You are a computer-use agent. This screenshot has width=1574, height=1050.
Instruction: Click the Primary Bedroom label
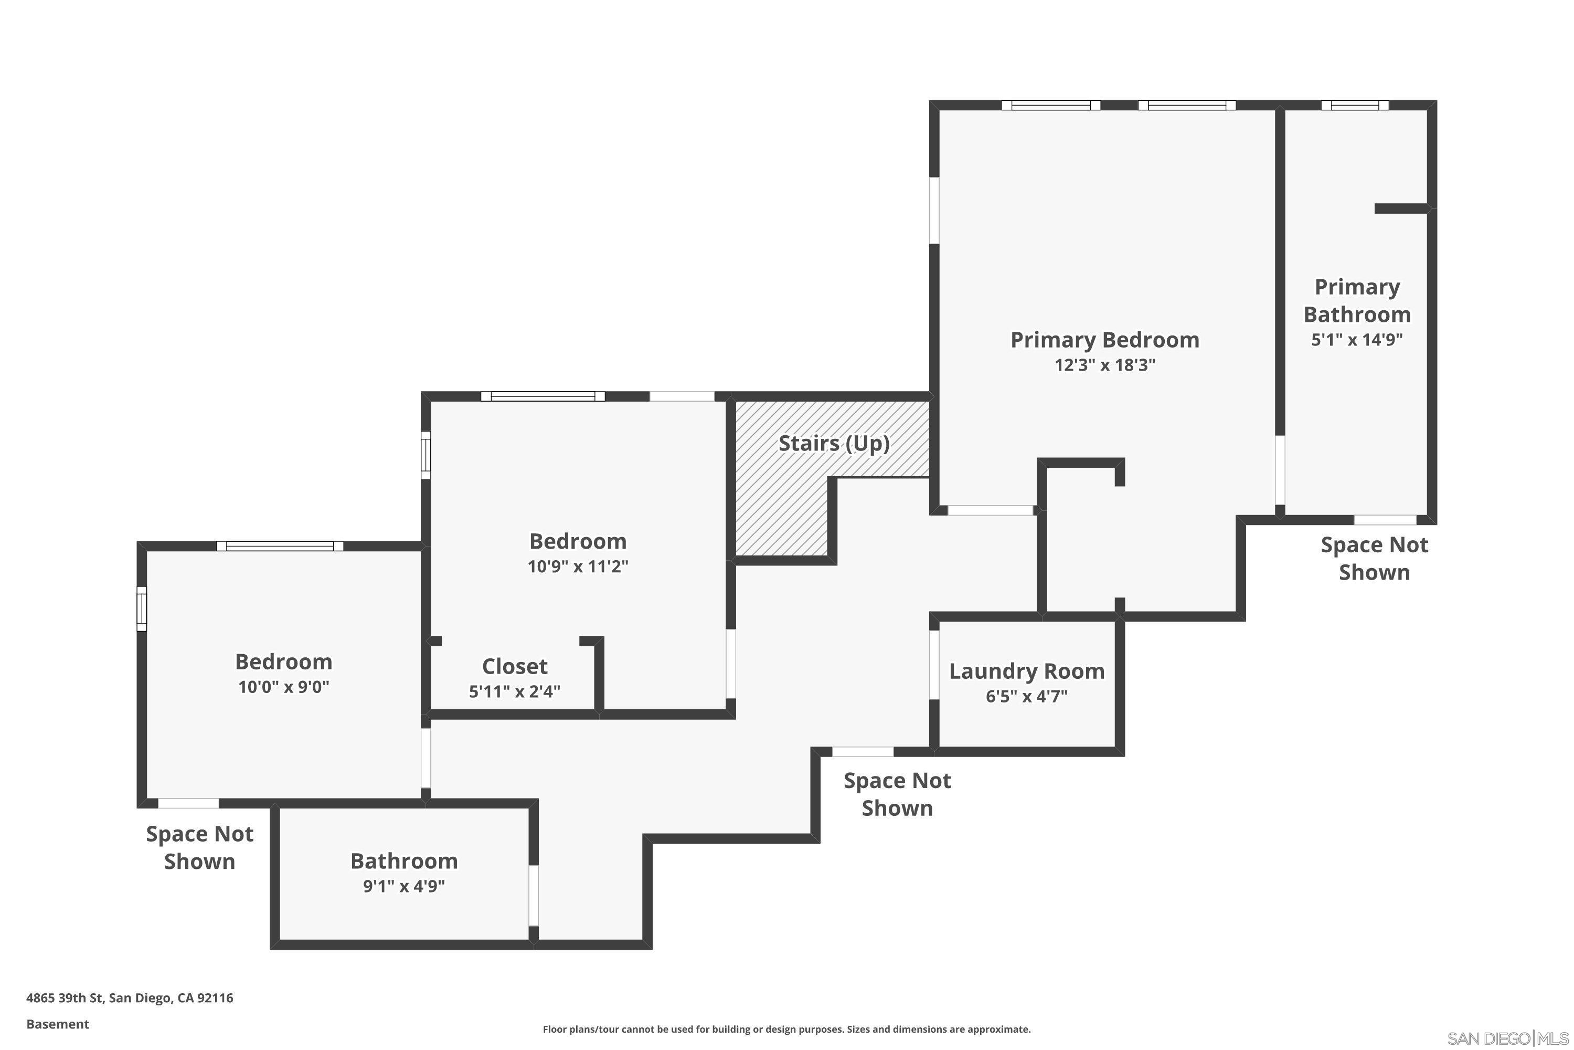[1104, 340]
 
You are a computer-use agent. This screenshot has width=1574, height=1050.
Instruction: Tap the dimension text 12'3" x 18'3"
[1105, 365]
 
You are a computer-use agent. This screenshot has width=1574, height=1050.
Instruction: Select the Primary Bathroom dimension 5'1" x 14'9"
[1356, 340]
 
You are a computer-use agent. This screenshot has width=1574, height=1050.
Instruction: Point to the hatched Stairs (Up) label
[834, 443]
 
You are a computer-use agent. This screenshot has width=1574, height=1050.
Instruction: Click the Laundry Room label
[1027, 671]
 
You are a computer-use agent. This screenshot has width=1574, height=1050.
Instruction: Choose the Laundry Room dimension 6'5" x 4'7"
[1027, 697]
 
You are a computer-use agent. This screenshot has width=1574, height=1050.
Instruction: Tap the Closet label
[515, 666]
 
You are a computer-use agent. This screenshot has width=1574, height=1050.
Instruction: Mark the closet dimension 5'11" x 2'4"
[515, 692]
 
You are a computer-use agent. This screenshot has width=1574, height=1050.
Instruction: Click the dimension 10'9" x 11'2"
[578, 566]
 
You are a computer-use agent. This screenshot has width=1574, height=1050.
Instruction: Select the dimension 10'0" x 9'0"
[284, 687]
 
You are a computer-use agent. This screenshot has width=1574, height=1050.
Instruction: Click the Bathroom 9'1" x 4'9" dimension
[403, 887]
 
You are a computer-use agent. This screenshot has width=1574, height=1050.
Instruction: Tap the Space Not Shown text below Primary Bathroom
[1374, 559]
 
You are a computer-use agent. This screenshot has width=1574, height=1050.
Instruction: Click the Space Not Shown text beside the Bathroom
[199, 848]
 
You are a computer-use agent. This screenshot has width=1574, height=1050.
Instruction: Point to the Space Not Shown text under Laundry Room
[897, 794]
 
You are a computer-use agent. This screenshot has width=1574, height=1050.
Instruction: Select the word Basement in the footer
[58, 1024]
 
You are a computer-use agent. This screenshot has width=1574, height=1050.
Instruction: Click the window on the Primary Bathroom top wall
[1355, 105]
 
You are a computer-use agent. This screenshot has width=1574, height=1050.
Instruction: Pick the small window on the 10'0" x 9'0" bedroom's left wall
[142, 608]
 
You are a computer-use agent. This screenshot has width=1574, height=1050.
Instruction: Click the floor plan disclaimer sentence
[786, 1029]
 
